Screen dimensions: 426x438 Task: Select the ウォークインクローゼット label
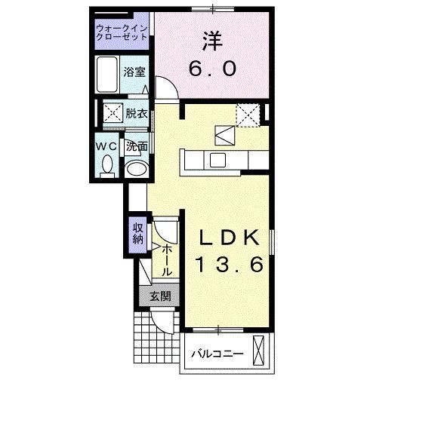pyautogui.click(x=123, y=33)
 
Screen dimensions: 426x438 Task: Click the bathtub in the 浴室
pyautogui.click(x=109, y=75)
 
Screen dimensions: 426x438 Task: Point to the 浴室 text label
pyautogui.click(x=135, y=73)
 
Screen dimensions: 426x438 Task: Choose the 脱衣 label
pyautogui.click(x=137, y=114)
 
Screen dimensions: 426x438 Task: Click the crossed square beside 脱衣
pyautogui.click(x=113, y=114)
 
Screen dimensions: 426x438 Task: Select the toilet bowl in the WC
pyautogui.click(x=107, y=164)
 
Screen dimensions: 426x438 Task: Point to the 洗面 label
pyautogui.click(x=137, y=146)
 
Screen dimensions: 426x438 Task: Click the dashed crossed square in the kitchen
pyautogui.click(x=247, y=115)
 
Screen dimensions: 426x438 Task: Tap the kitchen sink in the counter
pyautogui.click(x=217, y=159)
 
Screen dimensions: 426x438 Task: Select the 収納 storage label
pyautogui.click(x=138, y=234)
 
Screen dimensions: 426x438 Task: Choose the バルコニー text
pyautogui.click(x=216, y=353)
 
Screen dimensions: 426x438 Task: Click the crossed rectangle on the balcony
pyautogui.click(x=261, y=352)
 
